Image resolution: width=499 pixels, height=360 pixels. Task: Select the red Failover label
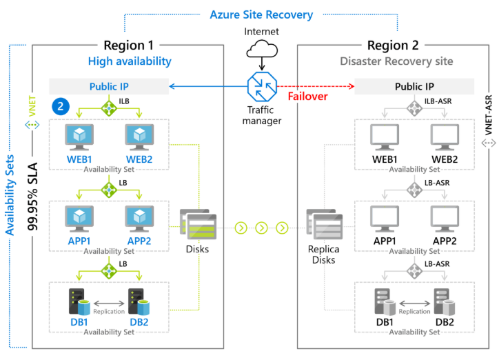point(307,97)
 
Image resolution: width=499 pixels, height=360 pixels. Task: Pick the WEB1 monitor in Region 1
point(80,138)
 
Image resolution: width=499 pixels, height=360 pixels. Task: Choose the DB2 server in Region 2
point(445,301)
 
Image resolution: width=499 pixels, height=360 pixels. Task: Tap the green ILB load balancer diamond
point(110,107)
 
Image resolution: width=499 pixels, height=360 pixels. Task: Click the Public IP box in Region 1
point(109,86)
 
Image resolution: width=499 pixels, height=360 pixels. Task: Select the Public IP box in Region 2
point(414,86)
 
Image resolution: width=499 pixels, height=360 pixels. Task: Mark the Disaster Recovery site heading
point(396,61)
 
